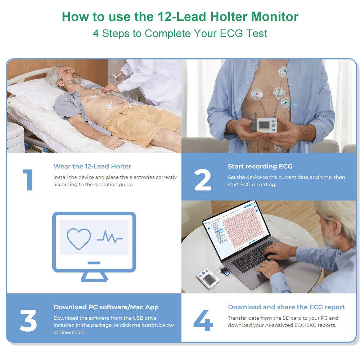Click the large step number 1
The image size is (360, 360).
(x=28, y=180)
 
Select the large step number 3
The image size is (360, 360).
(x=28, y=320)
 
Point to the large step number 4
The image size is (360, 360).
(x=203, y=320)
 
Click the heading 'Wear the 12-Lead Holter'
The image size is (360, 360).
(x=92, y=166)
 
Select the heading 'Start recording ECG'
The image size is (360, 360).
(x=260, y=166)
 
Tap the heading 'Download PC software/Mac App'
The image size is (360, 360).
(x=106, y=307)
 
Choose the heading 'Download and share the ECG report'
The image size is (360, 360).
(x=286, y=307)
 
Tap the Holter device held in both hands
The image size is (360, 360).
(x=267, y=125)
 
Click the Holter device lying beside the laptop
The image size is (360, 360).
(x=208, y=278)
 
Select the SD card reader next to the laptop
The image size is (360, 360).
(x=224, y=271)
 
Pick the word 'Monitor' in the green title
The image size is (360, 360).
(x=275, y=17)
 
